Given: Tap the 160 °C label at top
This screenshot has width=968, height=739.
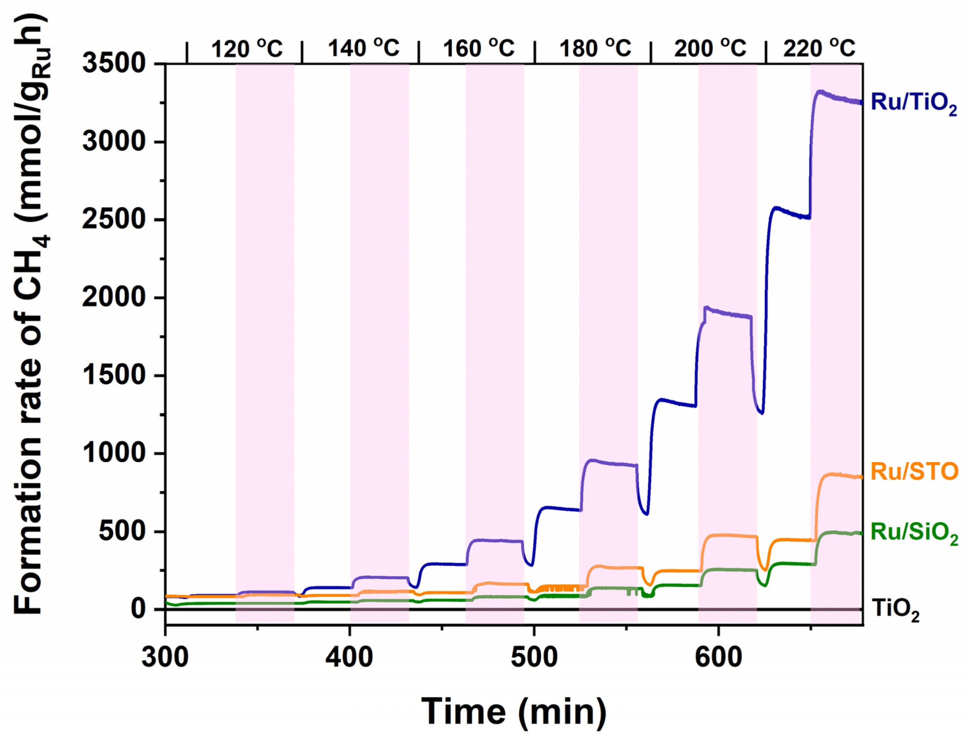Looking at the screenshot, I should [479, 48].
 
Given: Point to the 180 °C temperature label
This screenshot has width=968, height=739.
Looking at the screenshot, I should [595, 48].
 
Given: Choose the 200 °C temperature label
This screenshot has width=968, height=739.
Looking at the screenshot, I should [710, 48].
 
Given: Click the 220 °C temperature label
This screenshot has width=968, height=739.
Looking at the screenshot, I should [819, 48].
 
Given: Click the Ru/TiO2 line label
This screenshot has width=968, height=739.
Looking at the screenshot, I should [913, 103].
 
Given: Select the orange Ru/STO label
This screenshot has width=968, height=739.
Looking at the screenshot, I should [914, 472].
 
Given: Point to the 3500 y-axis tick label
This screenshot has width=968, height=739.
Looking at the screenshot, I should [114, 64].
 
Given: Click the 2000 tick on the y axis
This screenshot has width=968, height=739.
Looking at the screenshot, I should [114, 298].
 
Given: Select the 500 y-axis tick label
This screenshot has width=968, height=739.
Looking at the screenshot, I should [121, 532].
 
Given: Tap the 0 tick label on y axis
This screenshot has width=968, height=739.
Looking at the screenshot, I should [137, 610].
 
